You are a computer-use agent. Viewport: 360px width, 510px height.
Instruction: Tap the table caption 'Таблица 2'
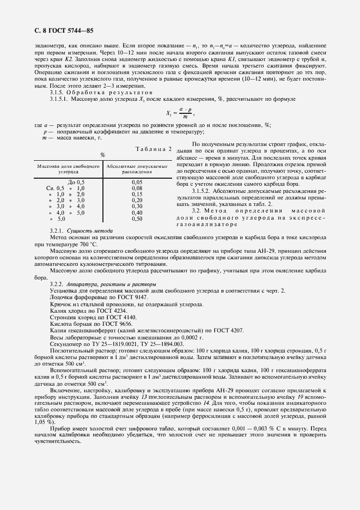pos(152,148)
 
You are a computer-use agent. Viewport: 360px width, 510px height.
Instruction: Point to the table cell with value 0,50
pos(137,218)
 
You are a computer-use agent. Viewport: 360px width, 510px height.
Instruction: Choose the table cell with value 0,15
pos(137,193)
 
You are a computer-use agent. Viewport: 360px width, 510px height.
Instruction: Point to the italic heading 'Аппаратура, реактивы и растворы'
pos(112,284)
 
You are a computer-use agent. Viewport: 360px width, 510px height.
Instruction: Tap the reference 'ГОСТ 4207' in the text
pos(229,330)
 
